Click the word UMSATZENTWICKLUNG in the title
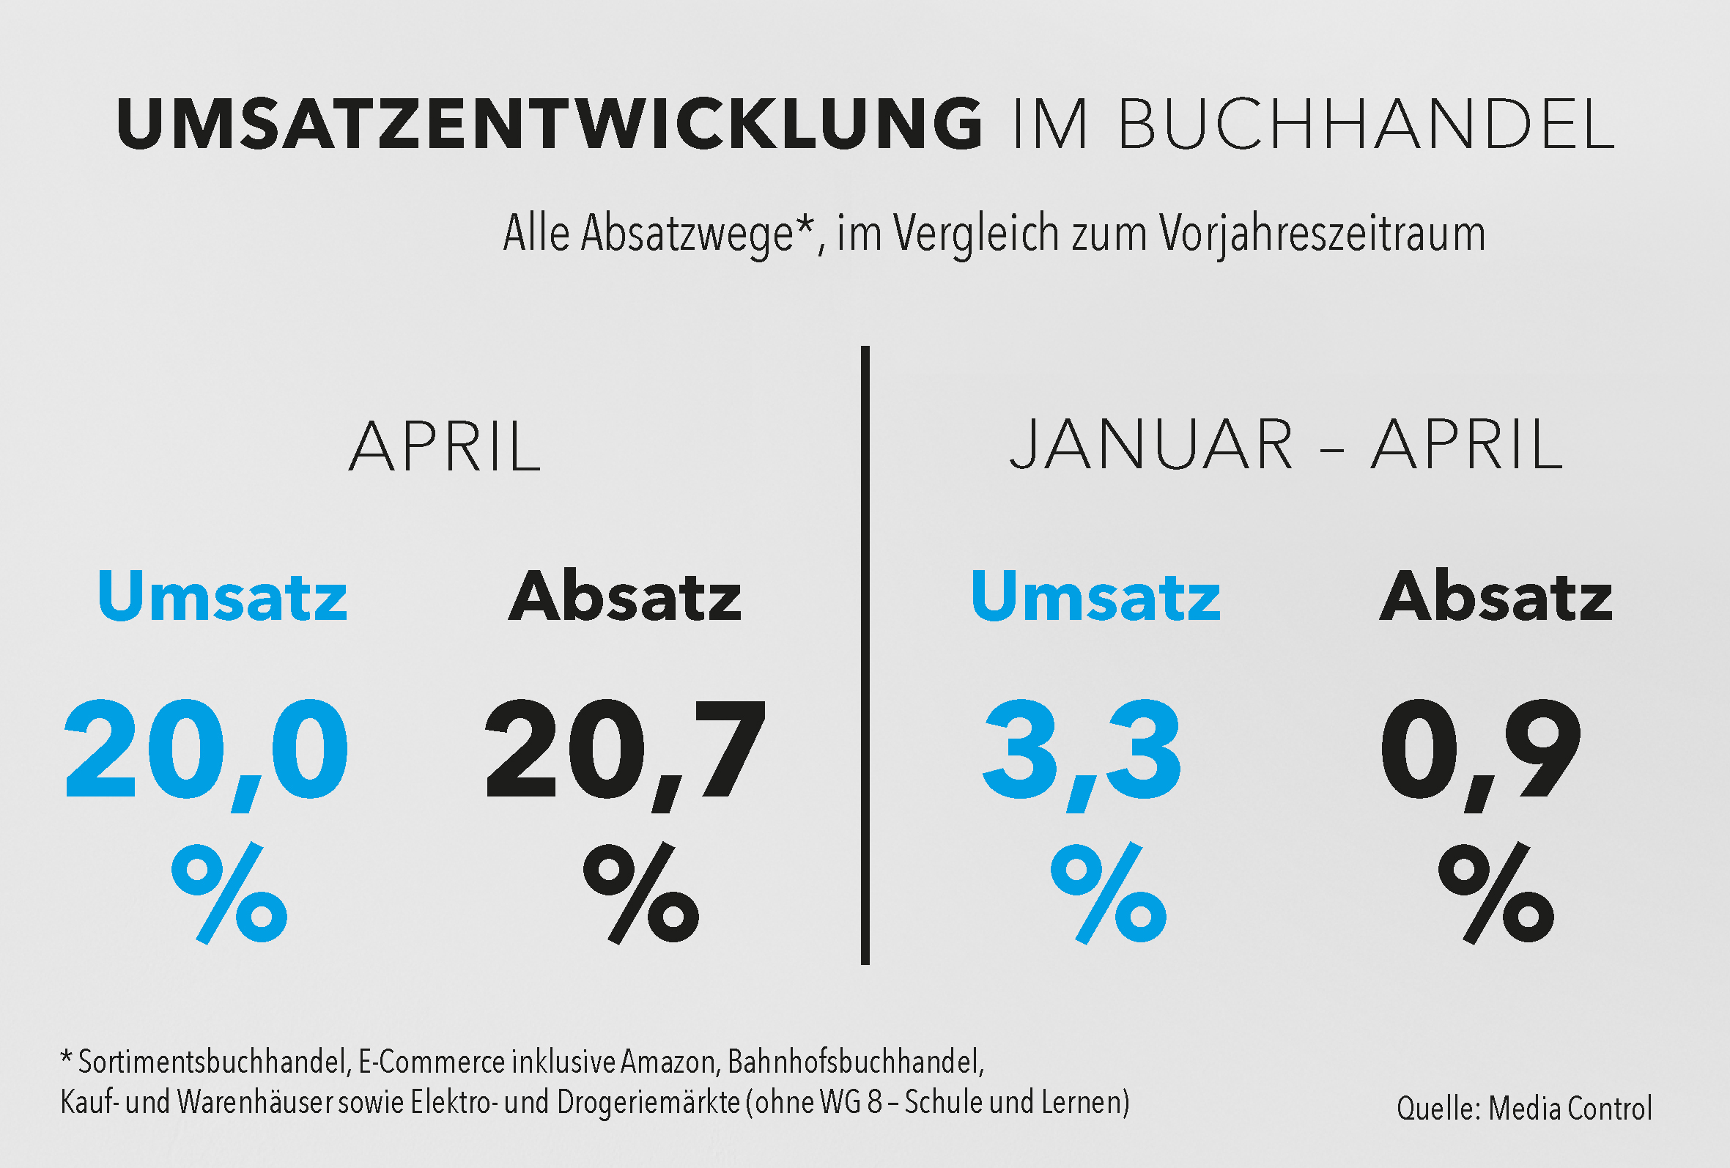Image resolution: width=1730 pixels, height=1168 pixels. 550,124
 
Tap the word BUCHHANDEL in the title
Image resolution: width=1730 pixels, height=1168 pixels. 1366,124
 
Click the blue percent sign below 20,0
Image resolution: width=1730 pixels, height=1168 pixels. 229,893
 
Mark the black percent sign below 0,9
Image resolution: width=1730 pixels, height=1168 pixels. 1496,893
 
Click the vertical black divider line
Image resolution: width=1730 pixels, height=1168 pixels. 865,655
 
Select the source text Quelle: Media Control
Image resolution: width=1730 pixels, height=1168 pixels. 1524,1109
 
